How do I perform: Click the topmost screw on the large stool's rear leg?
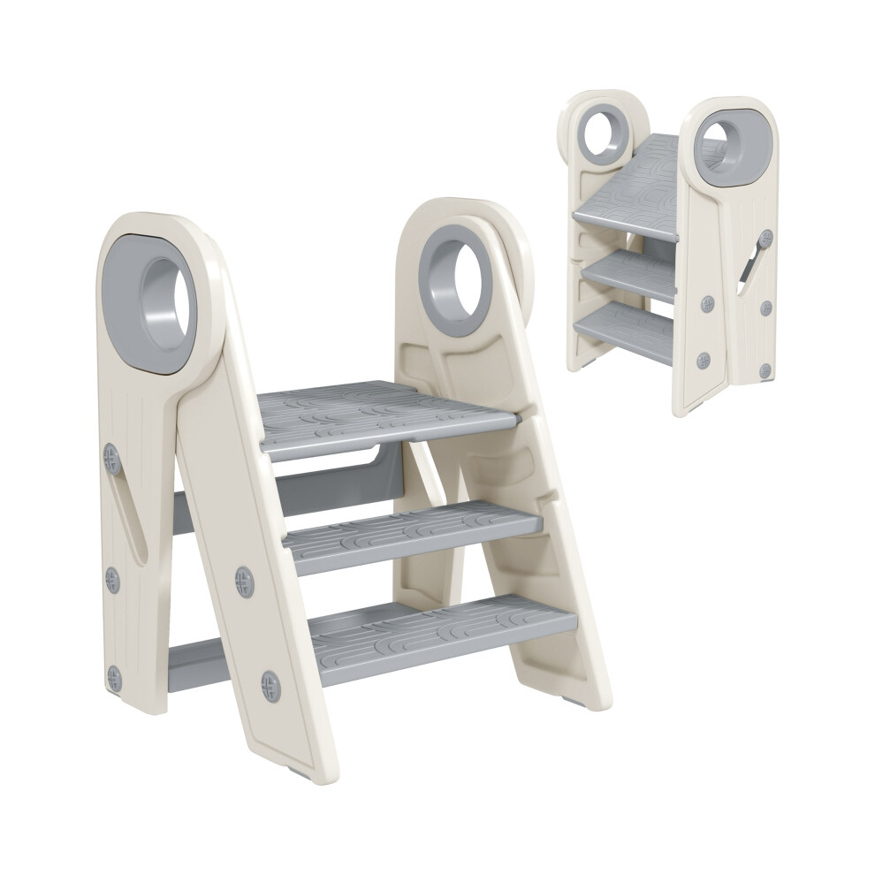coord(111,457)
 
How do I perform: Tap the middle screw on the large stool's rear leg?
coord(113,580)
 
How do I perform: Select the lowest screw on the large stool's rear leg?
coord(115,678)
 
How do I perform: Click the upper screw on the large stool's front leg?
coord(245,581)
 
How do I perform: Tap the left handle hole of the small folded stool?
coord(605,133)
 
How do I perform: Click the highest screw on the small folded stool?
coord(766,237)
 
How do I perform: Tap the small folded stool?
coord(672,256)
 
